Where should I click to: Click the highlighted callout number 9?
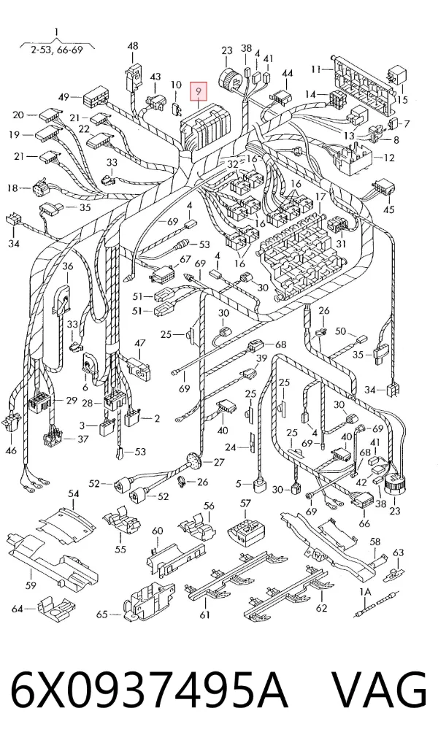tap(199, 90)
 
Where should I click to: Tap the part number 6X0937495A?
tap(150, 690)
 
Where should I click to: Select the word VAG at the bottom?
tap(379, 690)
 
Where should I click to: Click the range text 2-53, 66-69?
tap(57, 50)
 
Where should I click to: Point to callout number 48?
tap(133, 46)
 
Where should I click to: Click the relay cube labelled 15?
tap(397, 74)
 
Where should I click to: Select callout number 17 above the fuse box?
tap(320, 197)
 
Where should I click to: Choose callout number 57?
tap(245, 503)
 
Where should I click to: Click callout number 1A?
tap(365, 593)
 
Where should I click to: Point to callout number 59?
tap(31, 585)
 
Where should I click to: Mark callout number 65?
tap(101, 614)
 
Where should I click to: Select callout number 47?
tap(140, 343)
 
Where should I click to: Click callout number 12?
tap(389, 158)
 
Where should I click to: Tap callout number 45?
tap(388, 209)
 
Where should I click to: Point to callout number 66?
tap(364, 523)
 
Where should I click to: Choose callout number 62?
tap(321, 608)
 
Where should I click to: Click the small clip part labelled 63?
tap(394, 573)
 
